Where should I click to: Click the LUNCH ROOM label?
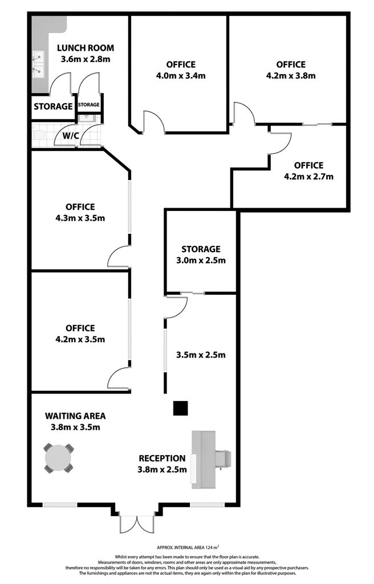point(86,48)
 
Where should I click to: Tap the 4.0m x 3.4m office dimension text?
point(181,76)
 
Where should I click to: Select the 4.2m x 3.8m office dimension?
point(291,76)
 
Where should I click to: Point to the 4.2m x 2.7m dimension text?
point(308,177)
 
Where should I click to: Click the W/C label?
point(70,136)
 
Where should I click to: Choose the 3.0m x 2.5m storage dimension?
point(201,260)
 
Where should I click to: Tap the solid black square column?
point(181,408)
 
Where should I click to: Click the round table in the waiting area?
point(58,458)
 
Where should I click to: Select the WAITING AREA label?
point(75,416)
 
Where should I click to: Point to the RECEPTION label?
point(162,459)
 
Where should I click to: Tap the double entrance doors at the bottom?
point(137,524)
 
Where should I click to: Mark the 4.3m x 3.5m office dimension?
point(80,218)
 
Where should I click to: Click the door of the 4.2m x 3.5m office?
point(119,378)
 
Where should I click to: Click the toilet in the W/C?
point(37,136)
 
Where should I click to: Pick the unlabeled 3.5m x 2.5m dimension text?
point(201,355)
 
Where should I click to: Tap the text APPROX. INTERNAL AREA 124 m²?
point(188,547)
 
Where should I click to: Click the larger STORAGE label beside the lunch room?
point(53,107)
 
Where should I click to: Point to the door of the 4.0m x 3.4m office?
point(153,122)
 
